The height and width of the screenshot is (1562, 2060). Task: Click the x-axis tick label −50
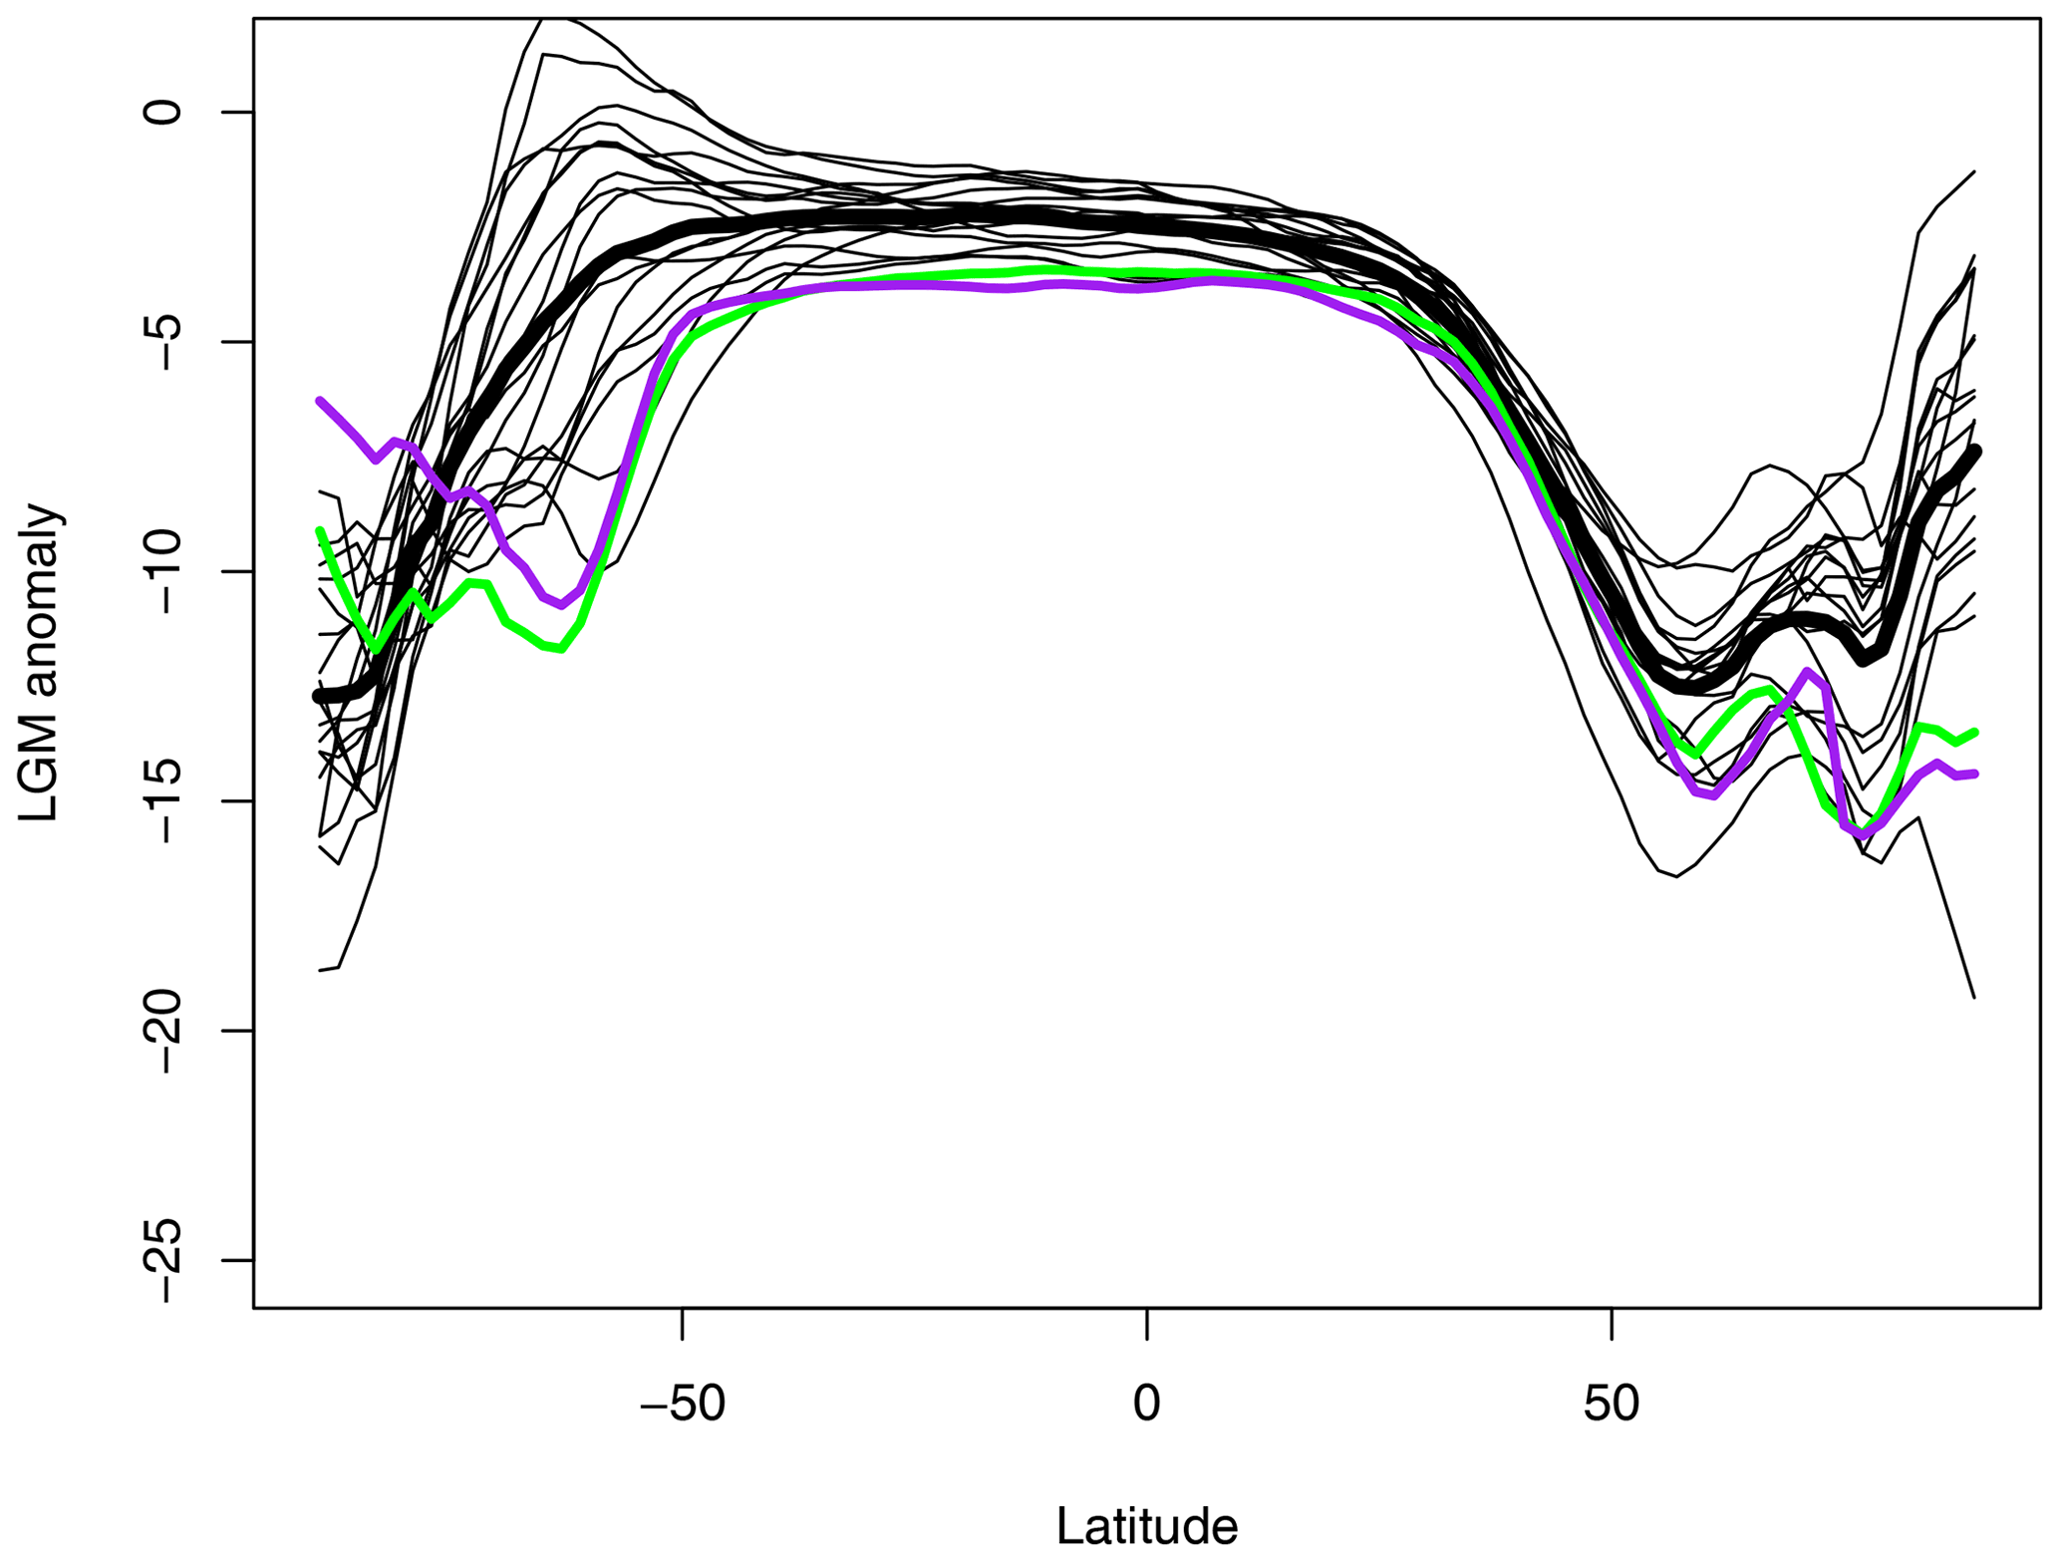(x=682, y=1405)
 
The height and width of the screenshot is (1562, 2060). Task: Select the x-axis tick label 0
(x=1147, y=1405)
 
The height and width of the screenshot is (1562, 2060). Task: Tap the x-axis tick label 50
(x=1612, y=1405)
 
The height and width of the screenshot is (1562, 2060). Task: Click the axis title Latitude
(x=1146, y=1526)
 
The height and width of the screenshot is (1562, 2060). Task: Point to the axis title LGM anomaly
(x=41, y=663)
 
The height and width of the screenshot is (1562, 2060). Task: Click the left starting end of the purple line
(x=319, y=401)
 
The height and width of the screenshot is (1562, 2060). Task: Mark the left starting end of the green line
(x=319, y=530)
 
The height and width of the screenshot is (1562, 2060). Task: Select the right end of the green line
(x=1974, y=733)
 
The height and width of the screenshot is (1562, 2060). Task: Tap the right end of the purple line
(x=1974, y=774)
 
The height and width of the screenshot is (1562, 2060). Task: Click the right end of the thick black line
(x=1975, y=452)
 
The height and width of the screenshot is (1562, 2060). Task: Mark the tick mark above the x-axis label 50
(x=1612, y=1323)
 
